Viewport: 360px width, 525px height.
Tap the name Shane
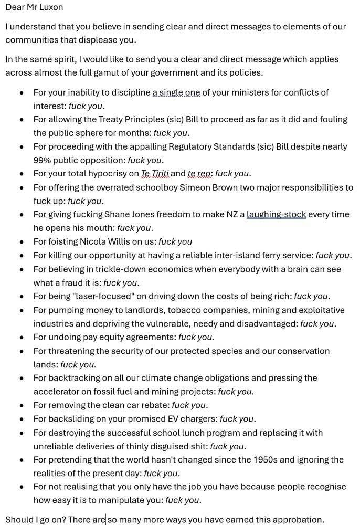pyautogui.click(x=119, y=215)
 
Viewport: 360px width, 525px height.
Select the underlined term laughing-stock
pyautogui.click(x=277, y=215)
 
